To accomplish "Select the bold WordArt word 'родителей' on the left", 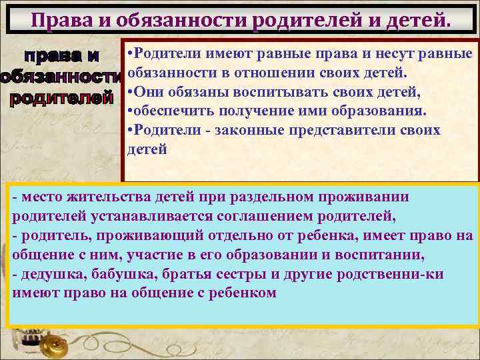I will click(x=58, y=99).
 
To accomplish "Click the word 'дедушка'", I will click(x=49, y=274).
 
